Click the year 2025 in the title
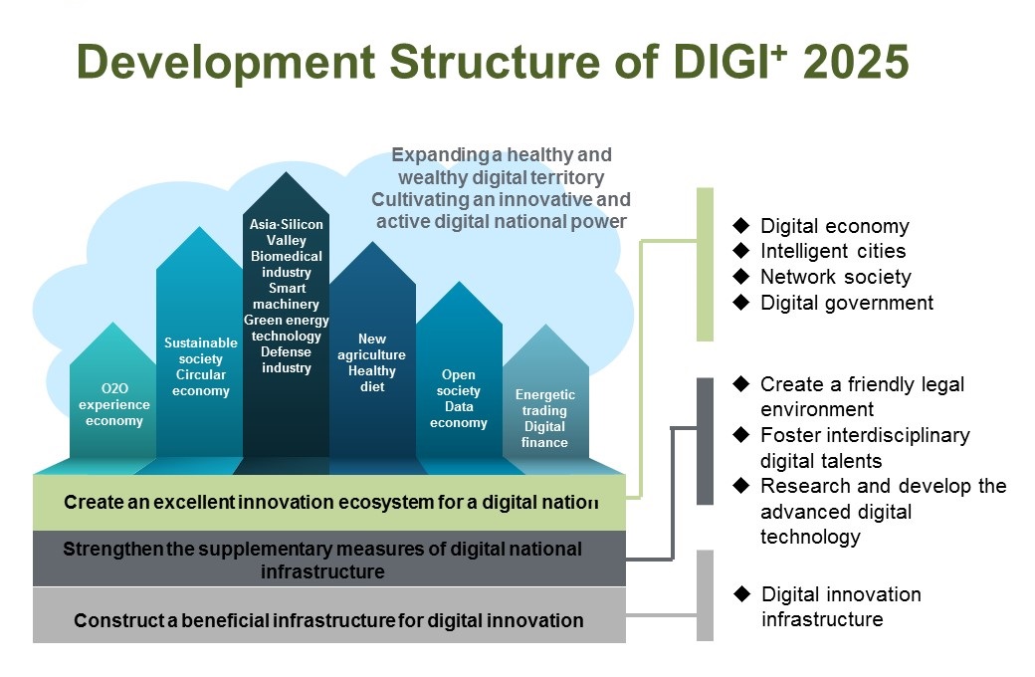pyautogui.click(x=856, y=62)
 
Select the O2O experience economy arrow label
pyautogui.click(x=113, y=404)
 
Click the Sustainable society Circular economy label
pyautogui.click(x=201, y=366)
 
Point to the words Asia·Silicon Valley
pyautogui.click(x=286, y=232)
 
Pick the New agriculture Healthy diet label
pyautogui.click(x=371, y=362)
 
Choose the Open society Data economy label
pyautogui.click(x=458, y=398)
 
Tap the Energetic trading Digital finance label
pyautogui.click(x=544, y=418)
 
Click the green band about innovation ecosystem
pyautogui.click(x=329, y=503)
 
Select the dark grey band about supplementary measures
pyautogui.click(x=329, y=559)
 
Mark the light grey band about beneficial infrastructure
pyautogui.click(x=329, y=615)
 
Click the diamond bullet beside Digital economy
pyautogui.click(x=741, y=225)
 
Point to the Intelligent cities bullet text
pyautogui.click(x=833, y=251)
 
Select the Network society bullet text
pyautogui.click(x=836, y=277)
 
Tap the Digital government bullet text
pyautogui.click(x=847, y=303)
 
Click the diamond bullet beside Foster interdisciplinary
pyautogui.click(x=741, y=434)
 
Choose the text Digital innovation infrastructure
pyautogui.click(x=841, y=606)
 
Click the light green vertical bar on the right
pyautogui.click(x=705, y=264)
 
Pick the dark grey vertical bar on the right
pyautogui.click(x=705, y=441)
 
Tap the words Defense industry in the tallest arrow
pyautogui.click(x=286, y=360)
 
